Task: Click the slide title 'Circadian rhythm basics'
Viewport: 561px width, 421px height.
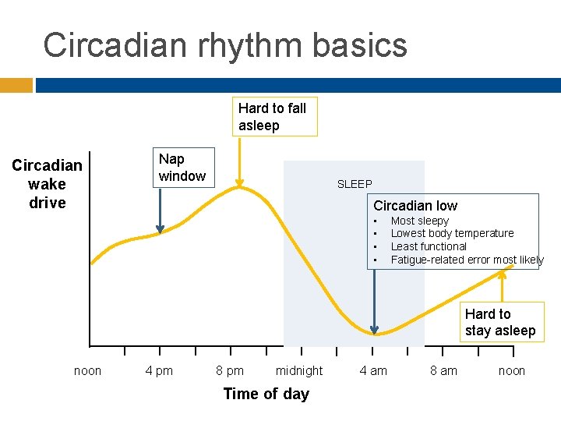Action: pyautogui.click(x=225, y=45)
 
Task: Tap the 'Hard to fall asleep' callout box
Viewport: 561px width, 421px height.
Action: pyautogui.click(x=273, y=117)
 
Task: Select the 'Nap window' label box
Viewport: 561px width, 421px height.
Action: pyautogui.click(x=182, y=167)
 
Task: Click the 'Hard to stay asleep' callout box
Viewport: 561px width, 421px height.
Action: pyautogui.click(x=500, y=322)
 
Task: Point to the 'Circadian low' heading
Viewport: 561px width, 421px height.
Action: pyautogui.click(x=415, y=206)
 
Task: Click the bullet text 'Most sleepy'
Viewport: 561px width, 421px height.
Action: pyautogui.click(x=419, y=221)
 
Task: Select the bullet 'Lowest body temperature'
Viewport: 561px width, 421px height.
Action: pyautogui.click(x=452, y=233)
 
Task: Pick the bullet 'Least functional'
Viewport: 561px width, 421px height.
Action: pyautogui.click(x=429, y=246)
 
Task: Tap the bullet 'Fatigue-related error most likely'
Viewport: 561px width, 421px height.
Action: pyautogui.click(x=467, y=260)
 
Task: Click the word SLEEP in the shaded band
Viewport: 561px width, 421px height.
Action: pyautogui.click(x=355, y=184)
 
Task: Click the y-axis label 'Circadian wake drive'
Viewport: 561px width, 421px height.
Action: pyautogui.click(x=47, y=184)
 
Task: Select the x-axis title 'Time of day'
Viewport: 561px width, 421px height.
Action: pyautogui.click(x=266, y=394)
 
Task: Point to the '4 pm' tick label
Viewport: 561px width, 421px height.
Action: pyautogui.click(x=159, y=371)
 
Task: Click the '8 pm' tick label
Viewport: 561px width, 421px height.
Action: pyautogui.click(x=229, y=371)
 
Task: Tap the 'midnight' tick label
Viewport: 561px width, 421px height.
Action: pyautogui.click(x=299, y=371)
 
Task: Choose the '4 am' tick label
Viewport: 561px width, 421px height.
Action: pyautogui.click(x=372, y=371)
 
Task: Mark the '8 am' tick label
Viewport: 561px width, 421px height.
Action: pyautogui.click(x=443, y=371)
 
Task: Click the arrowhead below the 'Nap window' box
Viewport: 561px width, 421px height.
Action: pyautogui.click(x=160, y=228)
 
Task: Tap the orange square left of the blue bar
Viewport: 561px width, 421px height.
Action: pyautogui.click(x=16, y=85)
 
